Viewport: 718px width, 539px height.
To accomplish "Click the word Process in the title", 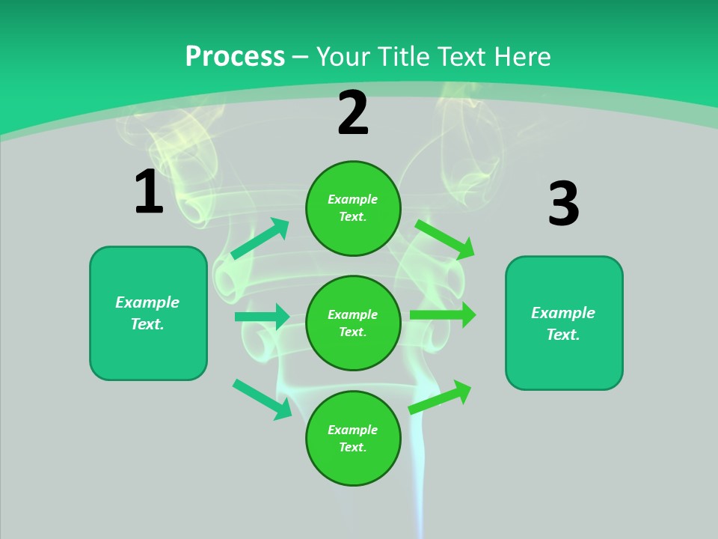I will (x=235, y=56).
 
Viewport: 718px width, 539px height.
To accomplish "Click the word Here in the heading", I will (x=521, y=56).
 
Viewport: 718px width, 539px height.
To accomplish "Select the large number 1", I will (x=149, y=192).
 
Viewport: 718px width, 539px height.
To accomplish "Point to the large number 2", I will (x=353, y=113).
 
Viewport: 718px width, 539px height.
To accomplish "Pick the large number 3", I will (x=563, y=204).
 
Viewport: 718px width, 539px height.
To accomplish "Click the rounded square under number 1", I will (x=148, y=313).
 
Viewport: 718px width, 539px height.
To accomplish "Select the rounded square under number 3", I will (x=564, y=323).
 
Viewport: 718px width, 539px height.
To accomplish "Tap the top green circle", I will (x=353, y=208).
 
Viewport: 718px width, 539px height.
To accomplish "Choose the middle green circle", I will (x=353, y=323).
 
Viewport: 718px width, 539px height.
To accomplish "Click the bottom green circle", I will (x=353, y=438).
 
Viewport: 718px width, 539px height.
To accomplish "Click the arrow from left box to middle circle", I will (x=262, y=317).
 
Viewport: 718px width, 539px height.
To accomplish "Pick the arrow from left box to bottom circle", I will (x=262, y=399).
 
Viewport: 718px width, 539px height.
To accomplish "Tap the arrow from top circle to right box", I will (x=445, y=239).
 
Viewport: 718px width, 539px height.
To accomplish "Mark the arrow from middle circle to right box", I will (x=443, y=315).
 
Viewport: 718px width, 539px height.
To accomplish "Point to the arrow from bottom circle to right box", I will (x=440, y=398).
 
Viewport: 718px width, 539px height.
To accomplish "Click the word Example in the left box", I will (x=147, y=302).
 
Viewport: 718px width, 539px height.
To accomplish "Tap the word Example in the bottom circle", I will (x=352, y=430).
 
